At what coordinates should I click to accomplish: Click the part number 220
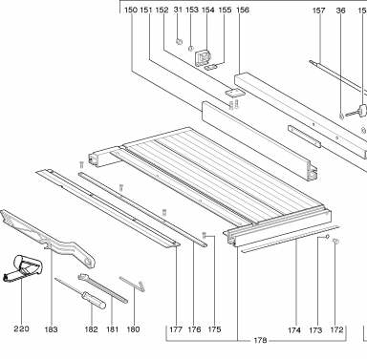point(21,328)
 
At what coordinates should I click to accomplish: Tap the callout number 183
point(51,329)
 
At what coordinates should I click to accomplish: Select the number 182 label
point(91,329)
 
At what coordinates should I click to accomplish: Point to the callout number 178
point(260,341)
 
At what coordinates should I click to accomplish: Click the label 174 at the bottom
point(294,330)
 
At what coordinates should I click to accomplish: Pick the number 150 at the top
point(131,10)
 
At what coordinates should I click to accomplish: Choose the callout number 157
point(318,11)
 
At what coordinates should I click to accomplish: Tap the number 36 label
point(340,11)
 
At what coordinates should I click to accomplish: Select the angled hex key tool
point(132,284)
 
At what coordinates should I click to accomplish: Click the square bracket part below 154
point(203,57)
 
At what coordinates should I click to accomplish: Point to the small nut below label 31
point(179,41)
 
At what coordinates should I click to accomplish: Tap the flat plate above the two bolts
point(234,93)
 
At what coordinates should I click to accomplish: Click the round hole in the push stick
point(88,262)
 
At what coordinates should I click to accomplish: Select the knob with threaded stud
point(356,112)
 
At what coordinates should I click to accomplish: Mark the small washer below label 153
point(190,49)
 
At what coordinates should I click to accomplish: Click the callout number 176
point(194,329)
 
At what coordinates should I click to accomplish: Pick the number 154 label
point(207,10)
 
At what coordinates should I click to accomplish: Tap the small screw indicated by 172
point(335,241)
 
